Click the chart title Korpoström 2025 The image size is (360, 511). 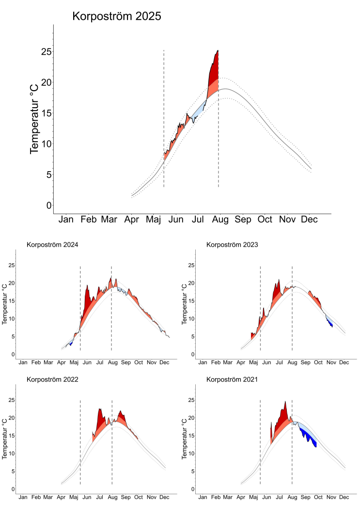116,16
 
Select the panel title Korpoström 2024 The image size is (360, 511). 52,244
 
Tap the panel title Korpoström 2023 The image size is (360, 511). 232,244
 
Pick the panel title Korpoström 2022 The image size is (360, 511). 52,380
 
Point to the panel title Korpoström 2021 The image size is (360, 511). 232,380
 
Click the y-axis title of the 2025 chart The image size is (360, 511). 34,118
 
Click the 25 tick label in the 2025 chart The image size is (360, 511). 46,51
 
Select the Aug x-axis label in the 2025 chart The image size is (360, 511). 221,220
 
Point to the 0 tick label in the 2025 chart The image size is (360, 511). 49,205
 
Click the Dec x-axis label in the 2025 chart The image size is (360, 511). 309,220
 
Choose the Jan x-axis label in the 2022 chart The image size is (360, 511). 22,497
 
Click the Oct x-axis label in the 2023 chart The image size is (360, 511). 318,362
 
